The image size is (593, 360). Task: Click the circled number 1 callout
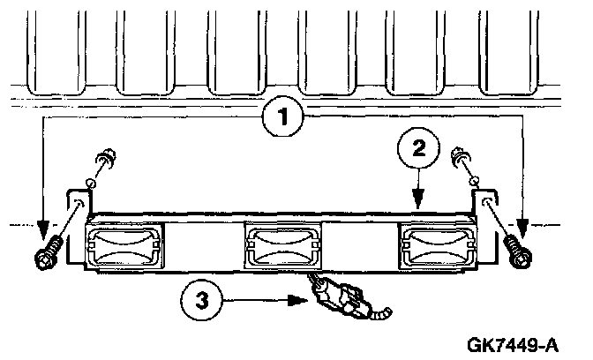[283, 116]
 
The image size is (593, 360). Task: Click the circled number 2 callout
[418, 148]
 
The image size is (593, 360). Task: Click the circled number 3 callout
[201, 300]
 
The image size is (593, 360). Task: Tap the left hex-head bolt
[48, 252]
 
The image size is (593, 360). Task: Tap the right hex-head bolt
[518, 251]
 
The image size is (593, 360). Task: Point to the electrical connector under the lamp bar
[339, 296]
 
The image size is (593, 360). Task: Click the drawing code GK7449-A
[513, 344]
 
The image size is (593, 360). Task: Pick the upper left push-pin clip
[108, 158]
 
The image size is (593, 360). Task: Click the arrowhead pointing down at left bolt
[42, 229]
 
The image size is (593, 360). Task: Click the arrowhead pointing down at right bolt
[523, 229]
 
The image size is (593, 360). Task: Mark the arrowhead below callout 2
[418, 199]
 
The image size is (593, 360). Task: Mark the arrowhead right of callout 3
[298, 301]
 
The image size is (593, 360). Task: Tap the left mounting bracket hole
[79, 202]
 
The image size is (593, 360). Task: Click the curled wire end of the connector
[381, 313]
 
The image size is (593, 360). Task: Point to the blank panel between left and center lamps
[204, 246]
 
